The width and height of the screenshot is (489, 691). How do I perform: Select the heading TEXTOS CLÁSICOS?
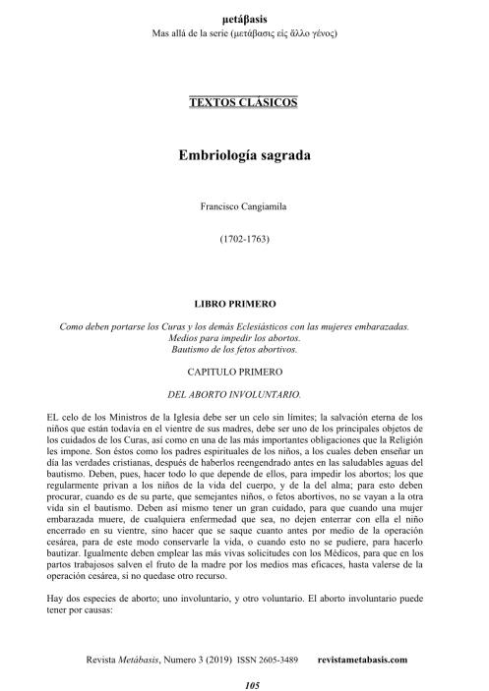pyautogui.click(x=244, y=102)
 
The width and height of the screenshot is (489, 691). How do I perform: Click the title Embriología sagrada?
pyautogui.click(x=244, y=154)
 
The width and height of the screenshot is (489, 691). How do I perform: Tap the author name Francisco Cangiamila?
pyautogui.click(x=244, y=207)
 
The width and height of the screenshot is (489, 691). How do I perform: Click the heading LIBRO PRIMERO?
pyautogui.click(x=244, y=304)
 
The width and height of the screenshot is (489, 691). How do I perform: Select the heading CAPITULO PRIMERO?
pyautogui.click(x=244, y=371)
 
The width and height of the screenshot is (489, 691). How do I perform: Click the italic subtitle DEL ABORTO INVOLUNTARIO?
pyautogui.click(x=244, y=394)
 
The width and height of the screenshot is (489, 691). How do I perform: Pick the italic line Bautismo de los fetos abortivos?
pyautogui.click(x=244, y=348)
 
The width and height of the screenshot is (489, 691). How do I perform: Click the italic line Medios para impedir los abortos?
pyautogui.click(x=244, y=337)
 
